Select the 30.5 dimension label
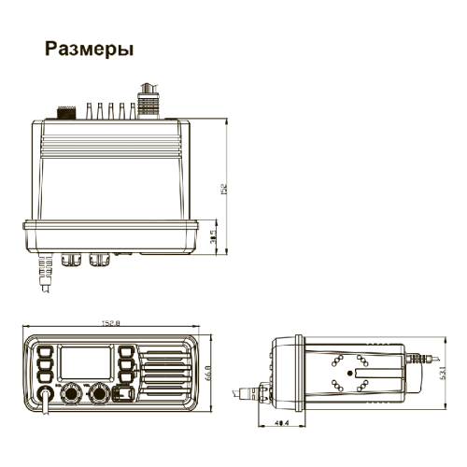[213, 239]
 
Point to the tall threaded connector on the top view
[146, 98]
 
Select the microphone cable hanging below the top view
[42, 276]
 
